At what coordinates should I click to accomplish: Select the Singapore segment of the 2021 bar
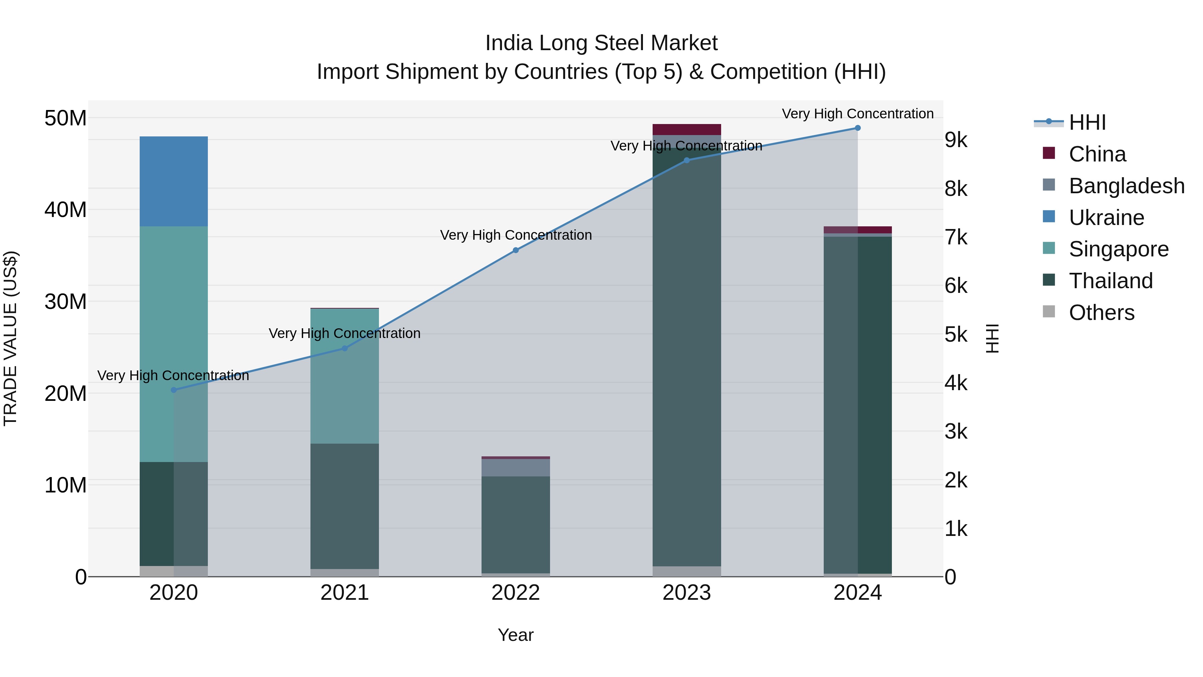344,376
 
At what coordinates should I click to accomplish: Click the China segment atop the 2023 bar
686,129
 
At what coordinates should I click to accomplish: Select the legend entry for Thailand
1110,281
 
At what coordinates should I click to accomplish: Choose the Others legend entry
1101,313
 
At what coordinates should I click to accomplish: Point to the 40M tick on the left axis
65,210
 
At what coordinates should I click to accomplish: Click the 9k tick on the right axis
955,140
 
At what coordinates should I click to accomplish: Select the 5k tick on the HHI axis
955,335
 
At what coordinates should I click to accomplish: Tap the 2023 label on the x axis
686,593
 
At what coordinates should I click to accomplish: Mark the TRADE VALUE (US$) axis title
10,338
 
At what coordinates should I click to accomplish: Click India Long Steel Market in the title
601,43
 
